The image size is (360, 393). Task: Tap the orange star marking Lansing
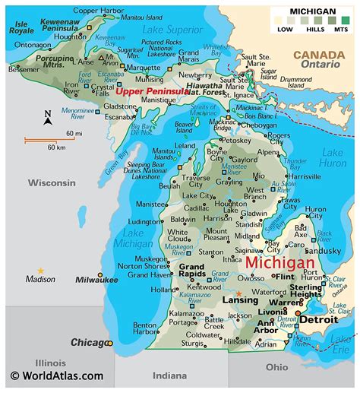pyautogui.click(x=239, y=293)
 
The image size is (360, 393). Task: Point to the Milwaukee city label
pyautogui.click(x=96, y=279)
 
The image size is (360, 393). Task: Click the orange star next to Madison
pyautogui.click(x=41, y=271)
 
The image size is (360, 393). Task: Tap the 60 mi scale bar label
pyautogui.click(x=74, y=134)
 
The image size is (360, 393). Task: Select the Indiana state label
pyautogui.click(x=169, y=375)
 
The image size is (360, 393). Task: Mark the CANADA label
pyautogui.click(x=320, y=55)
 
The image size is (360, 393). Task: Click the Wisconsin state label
pyautogui.click(x=52, y=182)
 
